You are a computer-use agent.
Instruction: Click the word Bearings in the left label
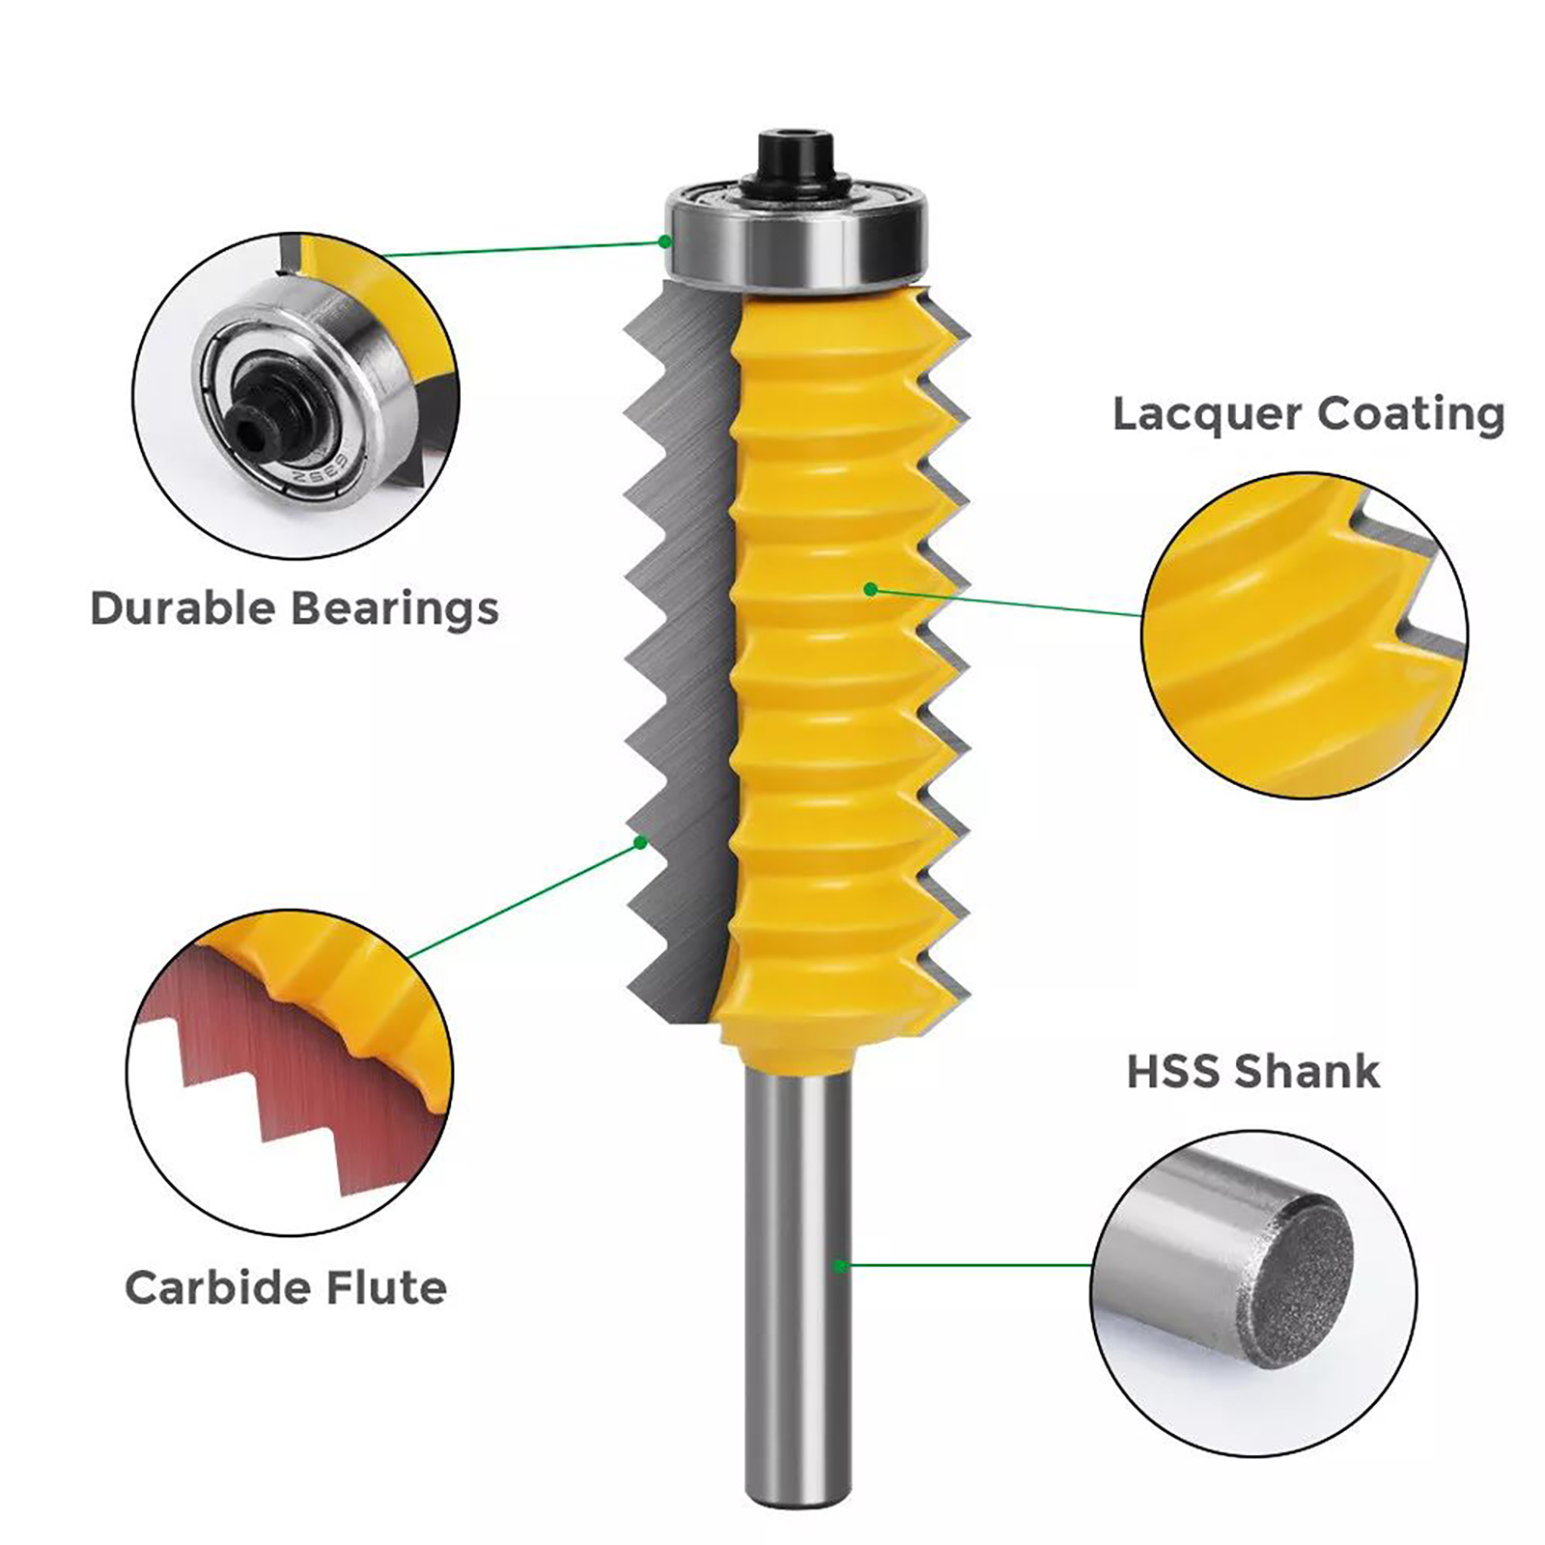click(394, 610)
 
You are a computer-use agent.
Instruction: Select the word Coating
click(1411, 414)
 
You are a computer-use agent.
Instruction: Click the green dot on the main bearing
click(664, 240)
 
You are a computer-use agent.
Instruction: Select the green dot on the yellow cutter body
click(871, 589)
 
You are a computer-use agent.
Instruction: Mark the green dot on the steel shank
click(840, 1265)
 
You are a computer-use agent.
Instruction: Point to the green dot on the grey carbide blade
click(639, 843)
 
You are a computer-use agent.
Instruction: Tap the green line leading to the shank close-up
click(967, 1265)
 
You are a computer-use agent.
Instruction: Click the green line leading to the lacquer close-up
click(1007, 602)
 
